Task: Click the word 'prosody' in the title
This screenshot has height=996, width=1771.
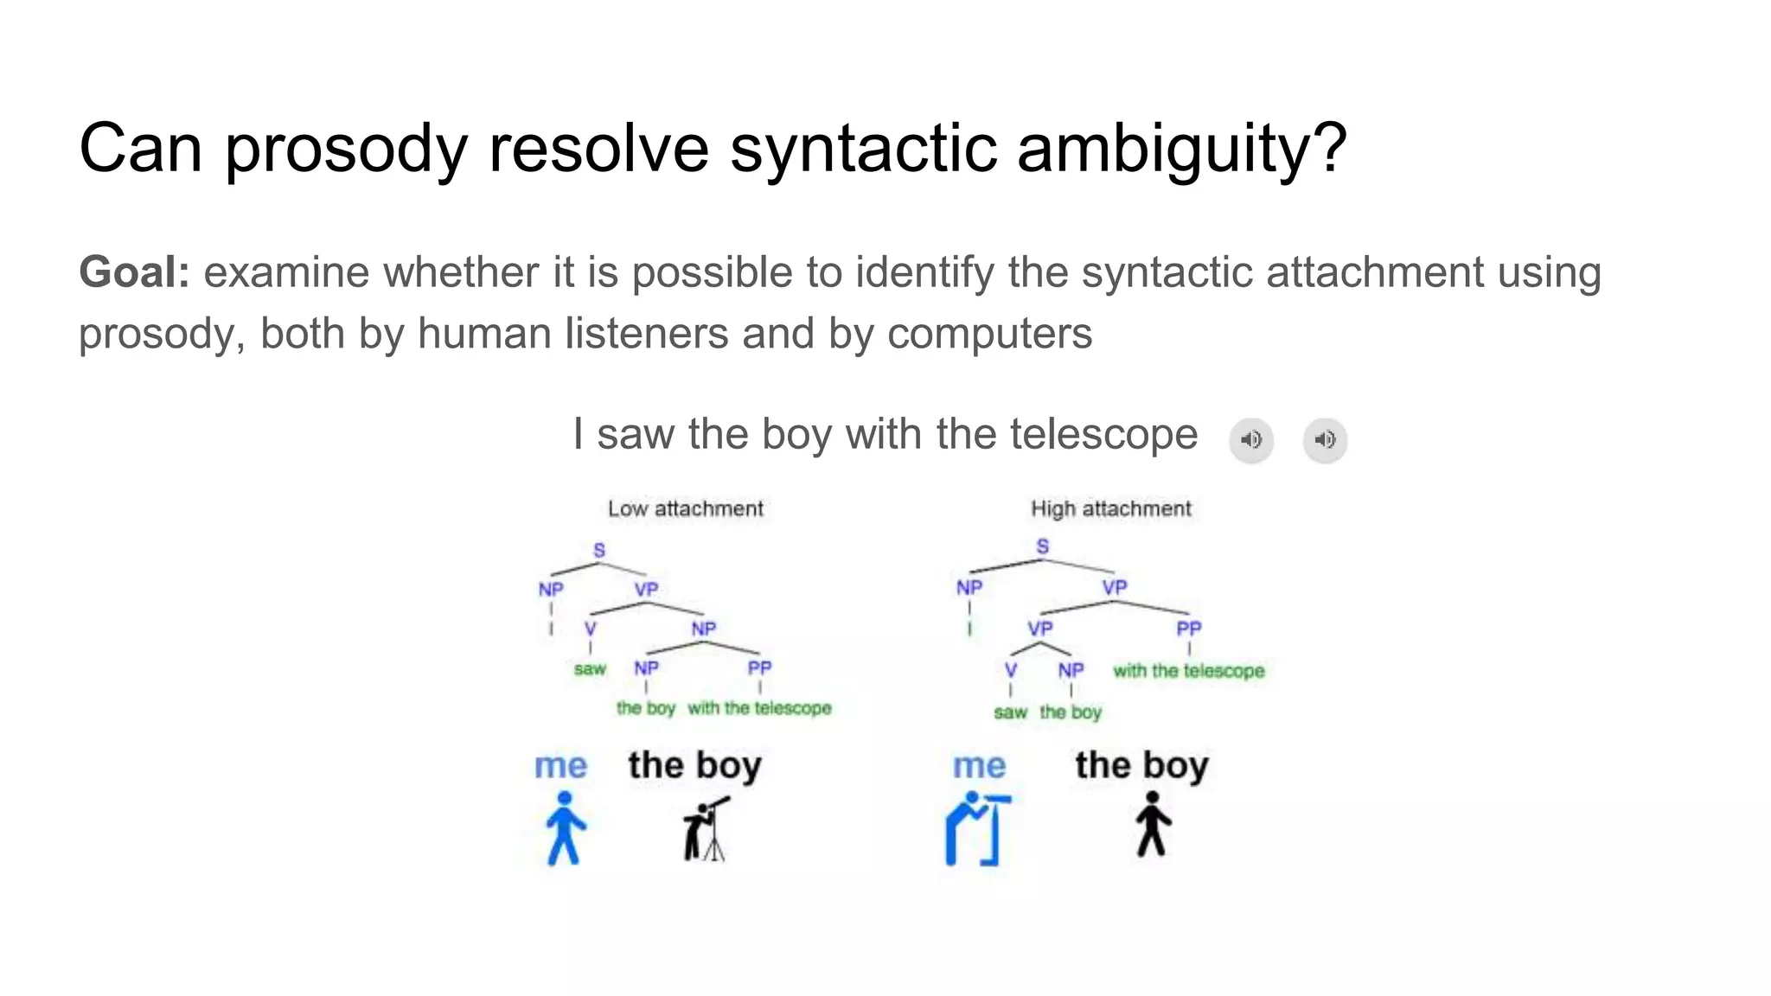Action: (x=346, y=150)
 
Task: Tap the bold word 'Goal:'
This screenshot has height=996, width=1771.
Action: (x=134, y=272)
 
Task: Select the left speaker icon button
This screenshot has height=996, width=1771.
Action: (x=1250, y=440)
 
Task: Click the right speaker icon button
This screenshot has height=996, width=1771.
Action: (x=1325, y=440)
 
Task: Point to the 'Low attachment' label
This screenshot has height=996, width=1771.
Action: (x=685, y=508)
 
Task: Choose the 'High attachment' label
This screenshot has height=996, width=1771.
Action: (x=1110, y=508)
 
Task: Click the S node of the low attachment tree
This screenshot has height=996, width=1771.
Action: (x=599, y=550)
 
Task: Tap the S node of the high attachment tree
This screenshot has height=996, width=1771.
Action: (x=1043, y=546)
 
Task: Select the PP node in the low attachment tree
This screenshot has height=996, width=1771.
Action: (x=759, y=667)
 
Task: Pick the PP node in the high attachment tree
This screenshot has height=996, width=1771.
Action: (x=1189, y=629)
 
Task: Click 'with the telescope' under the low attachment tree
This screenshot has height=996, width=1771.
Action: (x=759, y=708)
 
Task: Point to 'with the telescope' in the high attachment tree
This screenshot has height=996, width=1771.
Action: (x=1188, y=671)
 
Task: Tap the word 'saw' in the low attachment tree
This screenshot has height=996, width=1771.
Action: (x=590, y=668)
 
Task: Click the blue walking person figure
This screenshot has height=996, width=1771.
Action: (x=565, y=828)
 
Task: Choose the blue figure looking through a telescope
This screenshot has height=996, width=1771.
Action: (x=977, y=829)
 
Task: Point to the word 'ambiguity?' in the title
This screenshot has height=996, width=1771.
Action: (x=1182, y=150)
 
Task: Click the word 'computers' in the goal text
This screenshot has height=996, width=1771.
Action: (x=989, y=334)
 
